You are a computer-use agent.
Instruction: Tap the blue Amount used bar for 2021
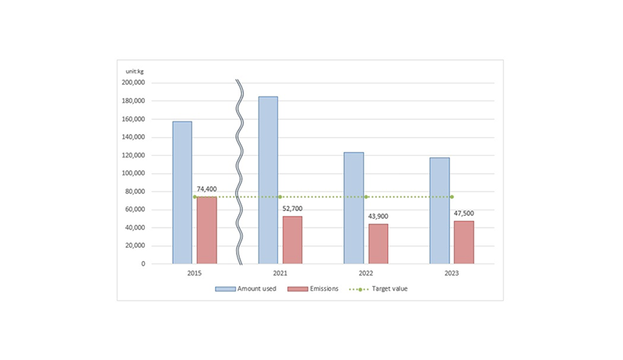pyautogui.click(x=268, y=180)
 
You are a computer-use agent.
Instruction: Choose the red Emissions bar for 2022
pyautogui.click(x=378, y=244)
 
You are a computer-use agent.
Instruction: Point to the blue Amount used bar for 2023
pyautogui.click(x=439, y=210)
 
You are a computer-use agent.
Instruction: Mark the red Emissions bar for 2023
pyautogui.click(x=463, y=242)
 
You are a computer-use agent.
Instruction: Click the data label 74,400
pyautogui.click(x=206, y=189)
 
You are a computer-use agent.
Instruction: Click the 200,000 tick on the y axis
pyautogui.click(x=133, y=83)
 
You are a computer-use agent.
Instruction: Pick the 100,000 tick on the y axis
pyautogui.click(x=133, y=173)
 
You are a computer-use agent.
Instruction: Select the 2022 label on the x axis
pyautogui.click(x=366, y=274)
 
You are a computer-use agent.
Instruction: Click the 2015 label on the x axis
pyautogui.click(x=195, y=274)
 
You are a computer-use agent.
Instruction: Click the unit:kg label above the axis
pyautogui.click(x=135, y=72)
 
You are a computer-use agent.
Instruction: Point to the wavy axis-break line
pyautogui.click(x=240, y=171)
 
